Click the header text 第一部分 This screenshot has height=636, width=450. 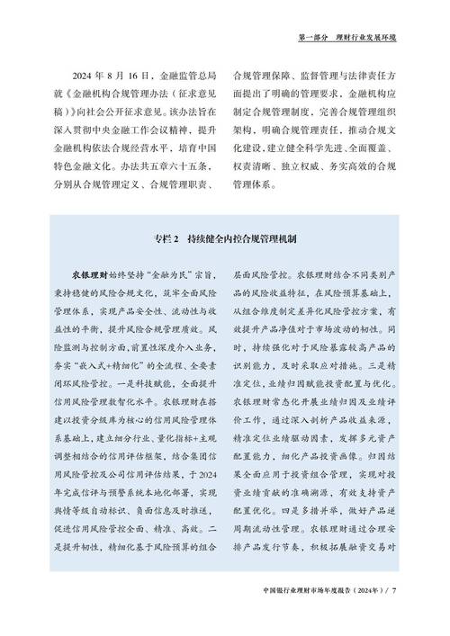coord(311,38)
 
